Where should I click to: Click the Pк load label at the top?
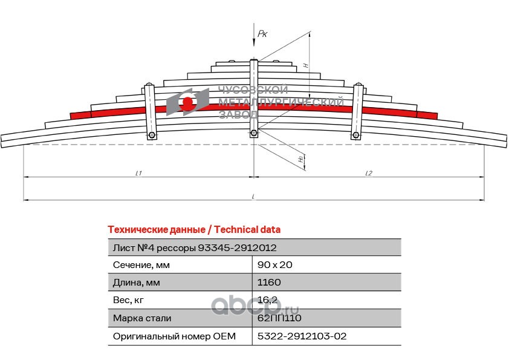[262, 34]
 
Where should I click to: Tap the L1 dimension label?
[138, 173]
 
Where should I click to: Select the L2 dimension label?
[368, 173]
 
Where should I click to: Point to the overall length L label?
[253, 195]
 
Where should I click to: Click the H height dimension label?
[306, 65]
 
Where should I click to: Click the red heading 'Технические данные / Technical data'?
[193, 229]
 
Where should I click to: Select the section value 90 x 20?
[275, 264]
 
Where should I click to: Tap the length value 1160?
[269, 282]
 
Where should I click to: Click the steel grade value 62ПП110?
[279, 318]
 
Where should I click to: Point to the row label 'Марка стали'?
[141, 318]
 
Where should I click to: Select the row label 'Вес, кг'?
[129, 299]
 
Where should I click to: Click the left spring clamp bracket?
[151, 111]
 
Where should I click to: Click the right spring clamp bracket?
[358, 111]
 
